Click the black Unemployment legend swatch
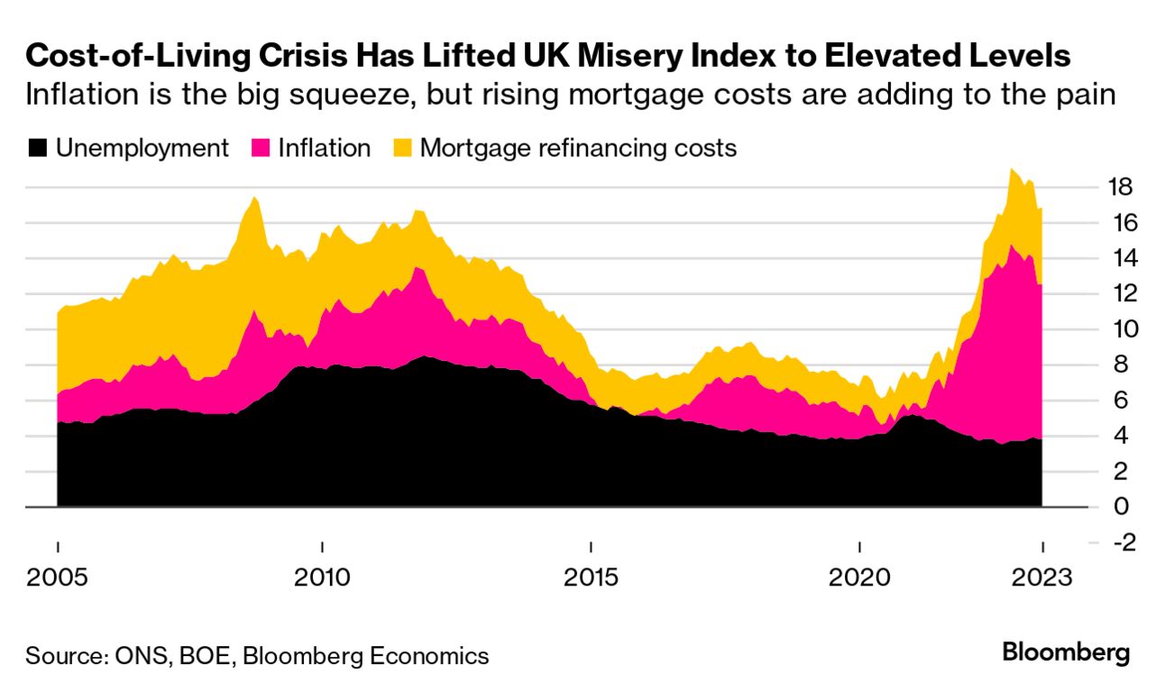38,148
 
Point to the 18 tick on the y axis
1120,188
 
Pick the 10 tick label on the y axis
1120,329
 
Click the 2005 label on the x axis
58,577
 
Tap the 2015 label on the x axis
591,577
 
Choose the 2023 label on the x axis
1042,577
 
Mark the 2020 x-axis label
858,577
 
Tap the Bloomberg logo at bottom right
1066,652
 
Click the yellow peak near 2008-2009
254,199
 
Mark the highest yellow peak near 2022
1012,171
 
